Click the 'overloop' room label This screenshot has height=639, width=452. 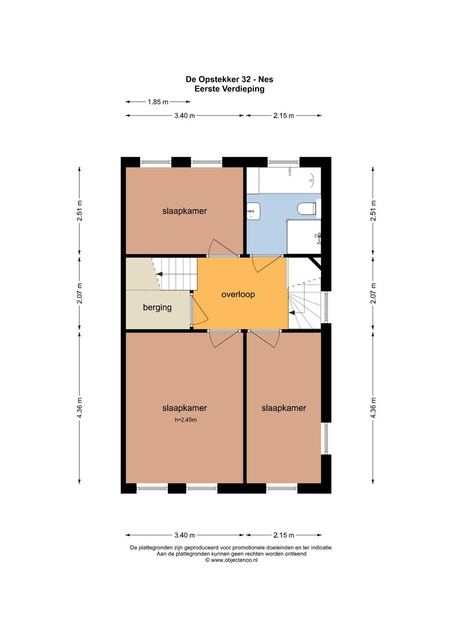(238, 294)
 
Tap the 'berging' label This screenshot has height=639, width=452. (157, 308)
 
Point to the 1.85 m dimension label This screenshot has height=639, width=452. (158, 102)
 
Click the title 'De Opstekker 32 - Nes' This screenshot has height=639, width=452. (230, 79)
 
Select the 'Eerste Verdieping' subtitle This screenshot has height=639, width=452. (230, 89)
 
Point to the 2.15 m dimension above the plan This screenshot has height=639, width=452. (283, 116)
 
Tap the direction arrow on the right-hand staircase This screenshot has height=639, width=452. (292, 313)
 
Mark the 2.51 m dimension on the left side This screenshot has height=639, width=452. (80, 211)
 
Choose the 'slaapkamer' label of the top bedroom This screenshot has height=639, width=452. (185, 211)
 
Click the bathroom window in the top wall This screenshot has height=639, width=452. (283, 162)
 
